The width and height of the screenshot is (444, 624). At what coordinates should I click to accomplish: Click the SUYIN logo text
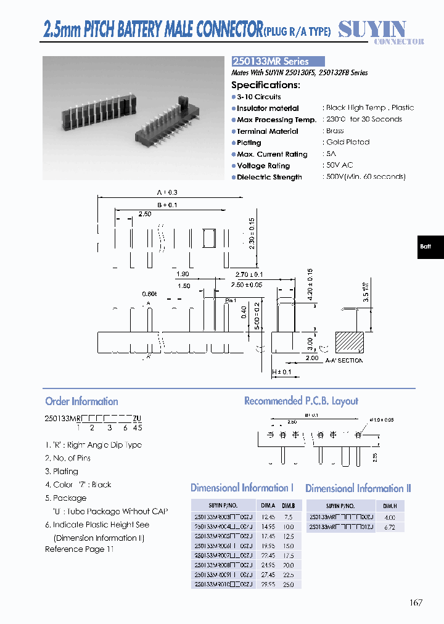coord(372,28)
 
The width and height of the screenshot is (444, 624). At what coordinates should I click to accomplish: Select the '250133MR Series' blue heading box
coord(278,62)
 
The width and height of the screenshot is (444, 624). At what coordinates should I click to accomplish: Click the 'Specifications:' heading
coord(265,85)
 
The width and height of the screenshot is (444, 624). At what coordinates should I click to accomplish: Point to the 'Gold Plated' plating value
coord(348,142)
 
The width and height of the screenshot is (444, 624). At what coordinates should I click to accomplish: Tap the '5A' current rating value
coord(331,154)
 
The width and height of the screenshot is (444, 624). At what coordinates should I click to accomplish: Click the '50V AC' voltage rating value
coord(339,165)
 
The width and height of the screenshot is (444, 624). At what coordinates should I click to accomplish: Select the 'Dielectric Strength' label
coord(269,178)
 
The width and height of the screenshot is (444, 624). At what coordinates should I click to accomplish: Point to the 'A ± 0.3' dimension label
coord(166,193)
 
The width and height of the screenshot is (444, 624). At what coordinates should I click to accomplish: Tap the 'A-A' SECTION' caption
coord(344,361)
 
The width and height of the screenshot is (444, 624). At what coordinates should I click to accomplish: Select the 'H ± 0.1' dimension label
coord(281,372)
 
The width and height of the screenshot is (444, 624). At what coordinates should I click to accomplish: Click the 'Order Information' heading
coord(81,401)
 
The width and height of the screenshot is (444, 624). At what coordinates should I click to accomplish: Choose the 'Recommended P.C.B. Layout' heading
coord(301,401)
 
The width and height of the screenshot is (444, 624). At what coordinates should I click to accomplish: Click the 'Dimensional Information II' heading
coord(358,488)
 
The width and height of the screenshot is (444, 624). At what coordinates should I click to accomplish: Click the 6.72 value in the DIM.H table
coord(390,528)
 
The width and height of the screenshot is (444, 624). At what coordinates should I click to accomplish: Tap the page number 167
coord(416,602)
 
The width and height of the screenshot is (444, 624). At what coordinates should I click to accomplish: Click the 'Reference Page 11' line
coord(80,549)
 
